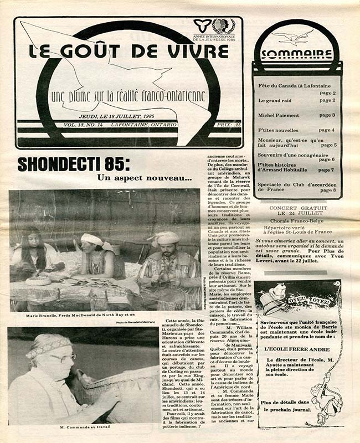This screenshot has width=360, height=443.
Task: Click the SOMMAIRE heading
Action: click(x=296, y=54)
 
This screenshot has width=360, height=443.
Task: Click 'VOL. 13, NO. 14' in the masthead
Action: click(x=83, y=126)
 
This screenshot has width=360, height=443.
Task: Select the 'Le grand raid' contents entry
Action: click(x=274, y=100)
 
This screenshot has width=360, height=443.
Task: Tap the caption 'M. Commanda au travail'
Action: click(x=84, y=428)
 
